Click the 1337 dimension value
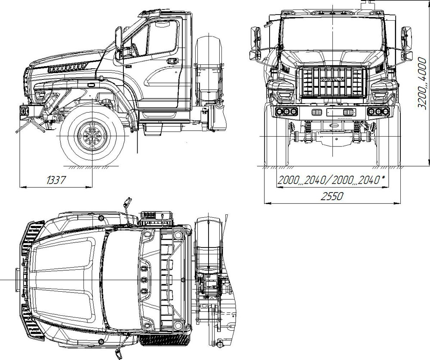tap(57, 180)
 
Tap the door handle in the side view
tap(172, 60)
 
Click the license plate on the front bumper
tap(341, 112)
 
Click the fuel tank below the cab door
tap(163, 129)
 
